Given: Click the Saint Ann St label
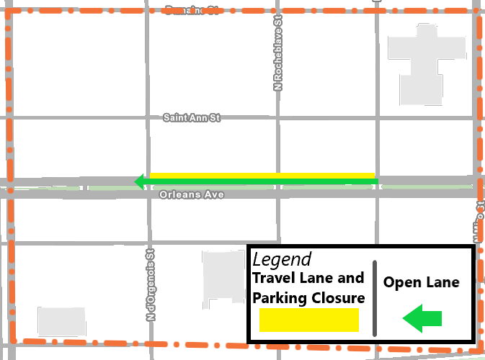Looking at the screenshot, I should (x=191, y=117).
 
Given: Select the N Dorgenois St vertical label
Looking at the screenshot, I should (x=151, y=284).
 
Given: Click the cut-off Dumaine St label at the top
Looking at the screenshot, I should (x=191, y=9).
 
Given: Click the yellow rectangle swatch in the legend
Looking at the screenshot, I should (x=308, y=320).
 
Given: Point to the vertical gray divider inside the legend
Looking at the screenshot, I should (x=375, y=298).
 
